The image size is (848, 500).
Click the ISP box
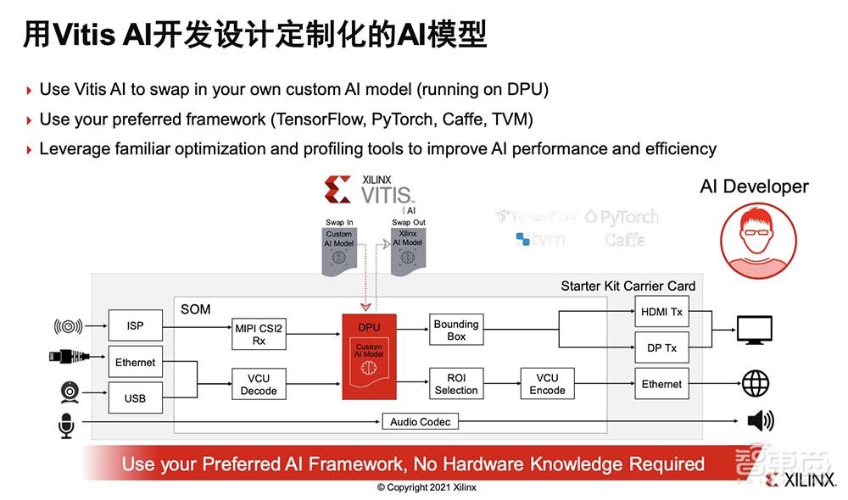135,325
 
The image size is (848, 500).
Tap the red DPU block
370,356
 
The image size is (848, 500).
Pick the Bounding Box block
456,330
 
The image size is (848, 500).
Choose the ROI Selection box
456,384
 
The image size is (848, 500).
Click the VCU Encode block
547,384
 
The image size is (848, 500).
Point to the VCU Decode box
259,384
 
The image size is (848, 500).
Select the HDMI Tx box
661,312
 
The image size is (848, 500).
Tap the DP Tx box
661,347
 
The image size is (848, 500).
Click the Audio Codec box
421,421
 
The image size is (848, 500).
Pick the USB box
135,397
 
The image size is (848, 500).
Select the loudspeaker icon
760,421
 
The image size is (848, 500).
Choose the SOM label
195,309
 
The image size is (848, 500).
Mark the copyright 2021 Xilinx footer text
427,487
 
